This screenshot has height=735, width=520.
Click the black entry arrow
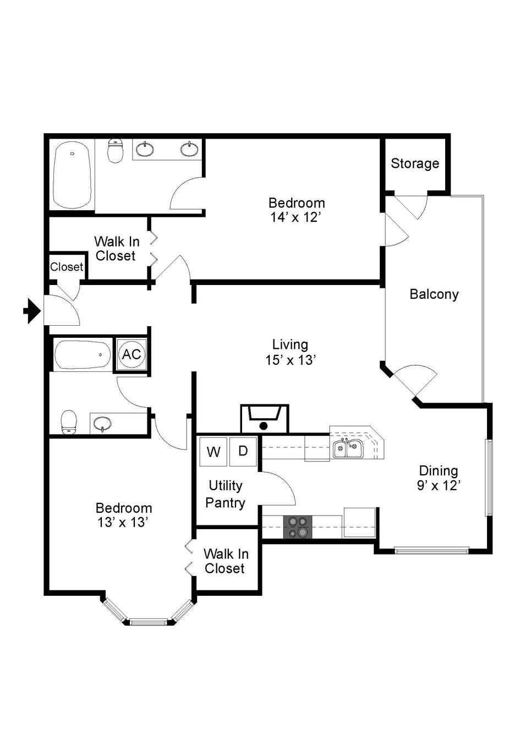coord(32,311)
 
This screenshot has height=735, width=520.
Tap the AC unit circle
coord(132,354)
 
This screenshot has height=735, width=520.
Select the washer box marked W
coord(214,452)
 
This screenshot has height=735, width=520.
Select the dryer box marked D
coord(243,452)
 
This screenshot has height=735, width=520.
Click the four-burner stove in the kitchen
coord(298,527)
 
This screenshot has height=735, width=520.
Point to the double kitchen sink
coord(348,448)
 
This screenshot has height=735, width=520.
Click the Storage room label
coord(415,163)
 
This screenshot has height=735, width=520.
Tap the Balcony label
coord(434,294)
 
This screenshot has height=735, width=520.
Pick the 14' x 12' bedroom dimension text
coord(295,217)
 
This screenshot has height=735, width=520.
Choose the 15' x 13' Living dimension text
coord(291,360)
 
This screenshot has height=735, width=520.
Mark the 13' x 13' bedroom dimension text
coord(122,522)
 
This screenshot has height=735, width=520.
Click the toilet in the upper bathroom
coord(115,151)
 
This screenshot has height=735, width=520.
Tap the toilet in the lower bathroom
coord(69,422)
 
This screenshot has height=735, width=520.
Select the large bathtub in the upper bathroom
coord(72,175)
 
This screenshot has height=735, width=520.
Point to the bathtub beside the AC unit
coord(83,355)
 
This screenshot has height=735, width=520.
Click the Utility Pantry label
coord(226,494)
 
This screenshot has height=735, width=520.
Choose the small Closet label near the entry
coord(67,267)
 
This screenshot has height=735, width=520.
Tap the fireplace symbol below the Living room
coord(265,419)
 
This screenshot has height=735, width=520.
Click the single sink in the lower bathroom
coord(102,423)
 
